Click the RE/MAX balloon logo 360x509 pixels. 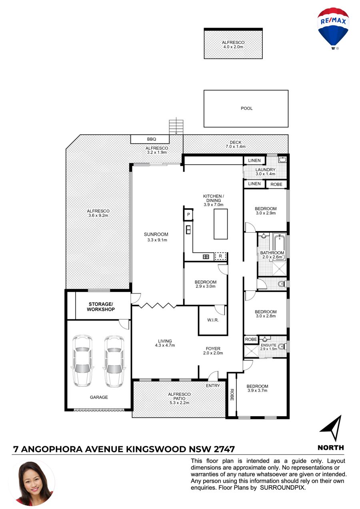pos(333,28)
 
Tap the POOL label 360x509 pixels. pos(246,108)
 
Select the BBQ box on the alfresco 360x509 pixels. pos(150,139)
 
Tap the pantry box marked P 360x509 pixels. pos(188,214)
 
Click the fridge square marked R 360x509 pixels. pos(220,256)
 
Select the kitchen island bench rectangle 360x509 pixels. pos(220,224)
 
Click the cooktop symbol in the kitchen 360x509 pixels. pos(206,257)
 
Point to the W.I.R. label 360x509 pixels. pos(213,320)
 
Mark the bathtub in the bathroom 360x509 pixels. pos(279,243)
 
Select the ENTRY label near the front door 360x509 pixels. pos(213,385)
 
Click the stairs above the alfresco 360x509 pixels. pos(176,127)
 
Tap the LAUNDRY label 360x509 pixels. pos(265,170)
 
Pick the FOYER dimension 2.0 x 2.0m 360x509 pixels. pos(213,353)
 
